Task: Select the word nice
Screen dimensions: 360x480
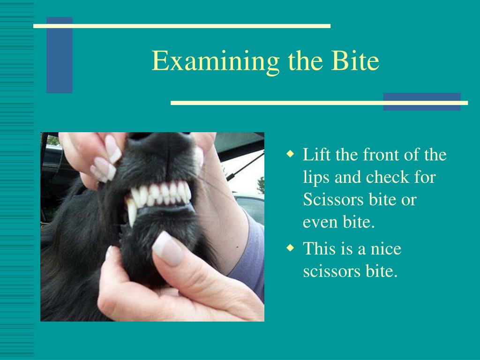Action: click(x=386, y=248)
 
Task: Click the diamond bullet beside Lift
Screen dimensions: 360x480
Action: click(x=291, y=154)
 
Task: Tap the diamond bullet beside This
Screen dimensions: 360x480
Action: click(x=291, y=247)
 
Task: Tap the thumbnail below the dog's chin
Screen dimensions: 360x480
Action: click(x=167, y=247)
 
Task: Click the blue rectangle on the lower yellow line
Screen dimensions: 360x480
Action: click(x=421, y=102)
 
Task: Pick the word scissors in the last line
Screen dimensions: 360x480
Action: click(x=330, y=271)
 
